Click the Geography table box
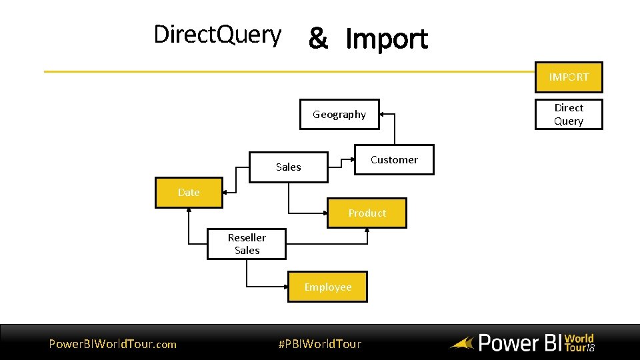click(339, 115)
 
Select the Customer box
click(393, 160)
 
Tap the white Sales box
click(288, 167)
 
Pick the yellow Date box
click(189, 193)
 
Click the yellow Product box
click(367, 213)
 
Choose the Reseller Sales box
click(247, 244)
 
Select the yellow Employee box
click(327, 287)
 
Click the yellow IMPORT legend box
click(569, 77)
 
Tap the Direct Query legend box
click(569, 115)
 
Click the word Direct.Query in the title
click(217, 35)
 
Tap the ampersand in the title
click(318, 39)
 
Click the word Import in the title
click(387, 39)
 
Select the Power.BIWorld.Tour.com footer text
click(113, 344)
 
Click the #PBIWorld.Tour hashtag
click(319, 344)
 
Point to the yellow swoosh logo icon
click(461, 344)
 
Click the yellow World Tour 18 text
click(579, 343)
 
